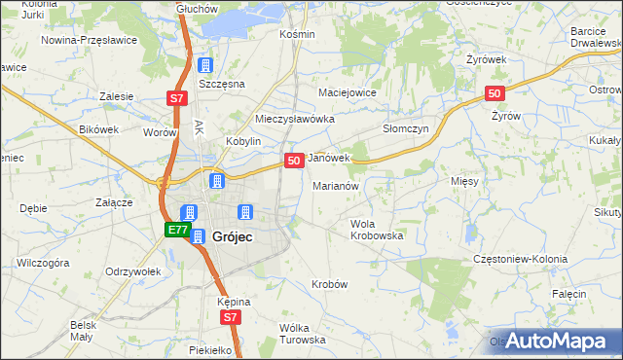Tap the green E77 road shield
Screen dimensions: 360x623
pyautogui.click(x=176, y=231)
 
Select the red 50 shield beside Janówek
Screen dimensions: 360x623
pyautogui.click(x=293, y=160)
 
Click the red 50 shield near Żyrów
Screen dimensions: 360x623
pyautogui.click(x=495, y=93)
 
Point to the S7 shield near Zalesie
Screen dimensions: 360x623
pyautogui.click(x=175, y=98)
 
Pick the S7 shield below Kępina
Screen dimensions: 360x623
pyautogui.click(x=229, y=317)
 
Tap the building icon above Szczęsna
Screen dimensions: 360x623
pyautogui.click(x=204, y=65)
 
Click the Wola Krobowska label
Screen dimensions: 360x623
pyautogui.click(x=376, y=230)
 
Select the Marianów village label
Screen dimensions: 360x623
pyautogui.click(x=337, y=185)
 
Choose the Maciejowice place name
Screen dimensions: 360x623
pyautogui.click(x=348, y=92)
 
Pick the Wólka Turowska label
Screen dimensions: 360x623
pyautogui.click(x=301, y=334)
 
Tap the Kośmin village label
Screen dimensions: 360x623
pyautogui.click(x=297, y=34)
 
